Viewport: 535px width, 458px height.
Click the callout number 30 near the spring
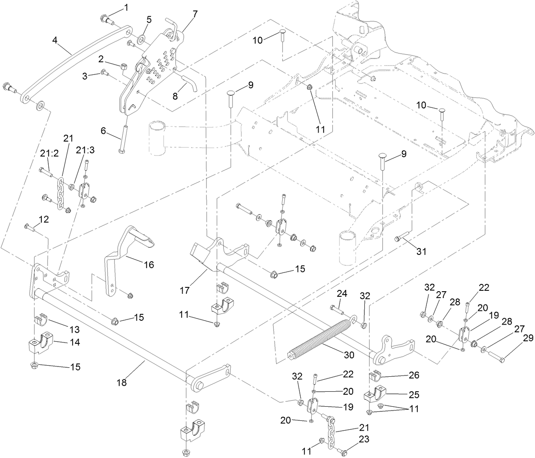click(x=349, y=355)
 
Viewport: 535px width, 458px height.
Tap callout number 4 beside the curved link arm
click(x=55, y=40)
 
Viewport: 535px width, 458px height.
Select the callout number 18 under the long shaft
click(x=122, y=382)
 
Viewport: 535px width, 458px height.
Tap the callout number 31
click(x=422, y=252)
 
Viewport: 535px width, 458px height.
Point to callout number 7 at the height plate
click(x=195, y=14)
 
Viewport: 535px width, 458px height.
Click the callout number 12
click(x=44, y=219)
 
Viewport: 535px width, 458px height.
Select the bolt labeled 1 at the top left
click(x=106, y=19)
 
